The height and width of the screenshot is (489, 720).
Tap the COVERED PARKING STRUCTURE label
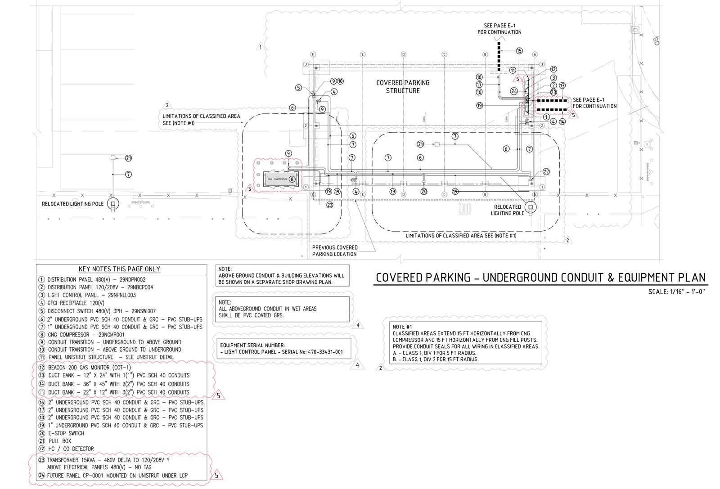click(x=403, y=86)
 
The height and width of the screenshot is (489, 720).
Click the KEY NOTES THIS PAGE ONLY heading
click(x=119, y=269)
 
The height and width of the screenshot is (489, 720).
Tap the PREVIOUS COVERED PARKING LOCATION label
click(x=335, y=251)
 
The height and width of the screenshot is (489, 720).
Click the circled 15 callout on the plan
click(x=519, y=51)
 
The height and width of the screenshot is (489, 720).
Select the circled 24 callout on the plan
click(x=514, y=91)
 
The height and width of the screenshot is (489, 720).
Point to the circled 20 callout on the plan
click(x=423, y=191)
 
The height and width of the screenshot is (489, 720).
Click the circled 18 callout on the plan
click(x=479, y=77)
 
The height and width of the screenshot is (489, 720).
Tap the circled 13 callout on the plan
click(x=562, y=85)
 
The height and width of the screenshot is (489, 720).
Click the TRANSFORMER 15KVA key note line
click(x=108, y=460)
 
